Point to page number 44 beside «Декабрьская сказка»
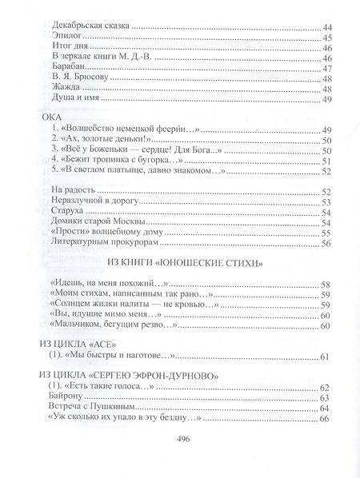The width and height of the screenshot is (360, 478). (x=325, y=29)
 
